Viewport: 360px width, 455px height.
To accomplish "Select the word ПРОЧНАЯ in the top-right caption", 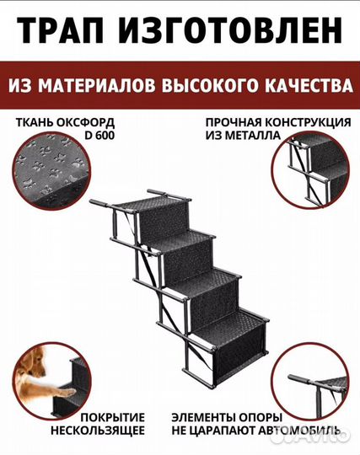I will click(234, 122).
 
